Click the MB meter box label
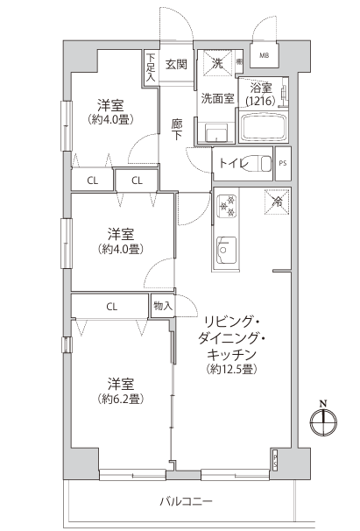(x=265, y=55)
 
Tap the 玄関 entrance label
(x=176, y=64)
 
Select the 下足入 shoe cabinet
(x=151, y=67)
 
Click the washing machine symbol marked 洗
(x=217, y=63)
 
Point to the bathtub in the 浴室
(x=263, y=126)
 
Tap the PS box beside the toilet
(x=283, y=163)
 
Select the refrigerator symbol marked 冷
(x=277, y=202)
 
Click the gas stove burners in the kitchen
(x=227, y=206)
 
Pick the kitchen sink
(x=226, y=250)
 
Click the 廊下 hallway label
(x=177, y=130)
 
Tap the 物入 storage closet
(x=163, y=306)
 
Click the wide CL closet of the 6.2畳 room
(x=110, y=307)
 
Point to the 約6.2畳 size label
(x=121, y=400)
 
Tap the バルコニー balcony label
(x=186, y=501)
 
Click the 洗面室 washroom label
(x=217, y=98)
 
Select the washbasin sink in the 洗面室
(x=216, y=133)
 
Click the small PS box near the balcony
(x=275, y=460)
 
